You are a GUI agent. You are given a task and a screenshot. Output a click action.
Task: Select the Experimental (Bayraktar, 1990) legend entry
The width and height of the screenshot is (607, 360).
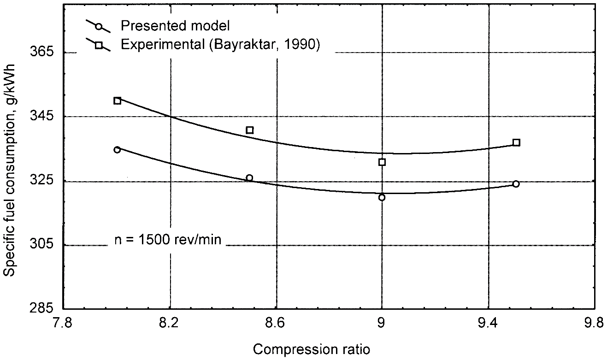click(219, 45)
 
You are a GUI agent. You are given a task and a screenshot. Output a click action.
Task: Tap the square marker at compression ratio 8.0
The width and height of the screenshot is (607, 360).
click(118, 101)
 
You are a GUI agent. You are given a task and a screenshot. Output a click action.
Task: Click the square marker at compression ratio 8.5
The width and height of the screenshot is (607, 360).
click(250, 130)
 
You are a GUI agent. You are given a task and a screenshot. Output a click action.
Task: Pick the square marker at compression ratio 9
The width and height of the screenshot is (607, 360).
click(382, 162)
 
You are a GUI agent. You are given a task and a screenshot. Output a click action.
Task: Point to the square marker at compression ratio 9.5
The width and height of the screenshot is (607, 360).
click(516, 142)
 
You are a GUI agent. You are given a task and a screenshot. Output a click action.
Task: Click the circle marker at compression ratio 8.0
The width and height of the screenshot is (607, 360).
click(117, 150)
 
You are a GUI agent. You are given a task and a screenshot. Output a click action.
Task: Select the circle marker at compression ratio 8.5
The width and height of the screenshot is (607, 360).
click(249, 178)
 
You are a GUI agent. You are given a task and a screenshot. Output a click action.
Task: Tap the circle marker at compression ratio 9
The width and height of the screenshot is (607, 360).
click(382, 197)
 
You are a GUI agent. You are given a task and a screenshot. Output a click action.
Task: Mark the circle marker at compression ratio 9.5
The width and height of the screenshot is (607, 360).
click(516, 184)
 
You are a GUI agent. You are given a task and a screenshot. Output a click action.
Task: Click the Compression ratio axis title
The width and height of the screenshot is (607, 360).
click(311, 349)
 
